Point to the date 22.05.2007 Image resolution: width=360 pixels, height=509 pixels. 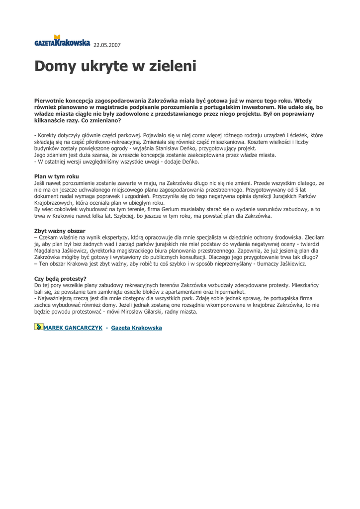click(x=107, y=45)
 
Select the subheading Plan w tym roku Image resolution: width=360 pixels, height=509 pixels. click(x=56, y=176)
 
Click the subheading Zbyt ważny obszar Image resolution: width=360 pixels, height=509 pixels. click(x=60, y=231)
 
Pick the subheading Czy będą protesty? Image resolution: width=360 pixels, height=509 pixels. click(x=60, y=278)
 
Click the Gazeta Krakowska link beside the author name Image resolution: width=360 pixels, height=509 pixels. click(x=136, y=328)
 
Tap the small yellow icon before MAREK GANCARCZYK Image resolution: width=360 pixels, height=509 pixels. click(x=38, y=327)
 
